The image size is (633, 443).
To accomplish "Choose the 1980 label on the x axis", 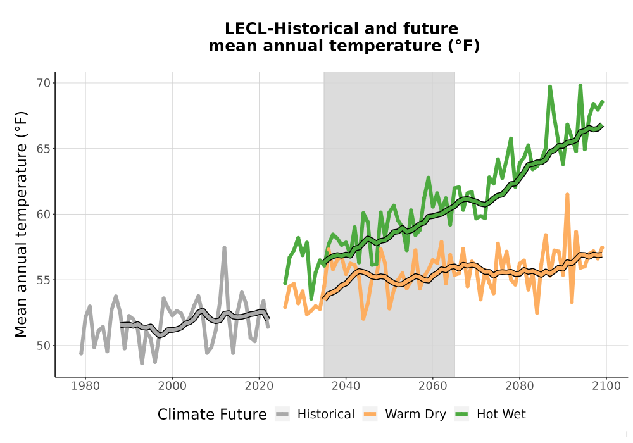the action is coord(85,386).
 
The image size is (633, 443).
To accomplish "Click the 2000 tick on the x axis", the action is coord(172,386).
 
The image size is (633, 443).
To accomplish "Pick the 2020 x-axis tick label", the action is coord(259,386).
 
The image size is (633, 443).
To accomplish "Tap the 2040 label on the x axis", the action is coord(346,386).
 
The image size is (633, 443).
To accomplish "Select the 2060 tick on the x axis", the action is coord(432,386).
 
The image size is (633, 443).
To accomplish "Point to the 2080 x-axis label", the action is coord(519,386).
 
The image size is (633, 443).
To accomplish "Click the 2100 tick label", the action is coord(606,386).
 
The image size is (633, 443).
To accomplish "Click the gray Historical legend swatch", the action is coord(282,415).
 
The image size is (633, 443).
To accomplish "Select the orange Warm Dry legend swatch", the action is coord(370,415).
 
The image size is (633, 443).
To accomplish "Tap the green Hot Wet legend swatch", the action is coord(461,415).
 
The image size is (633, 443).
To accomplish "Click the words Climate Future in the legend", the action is coord(212,415).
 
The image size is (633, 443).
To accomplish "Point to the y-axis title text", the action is coord(21,224).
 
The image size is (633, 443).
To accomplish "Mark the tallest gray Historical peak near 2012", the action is coord(225,247).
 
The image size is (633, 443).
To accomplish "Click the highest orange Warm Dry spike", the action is coord(567,195).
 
